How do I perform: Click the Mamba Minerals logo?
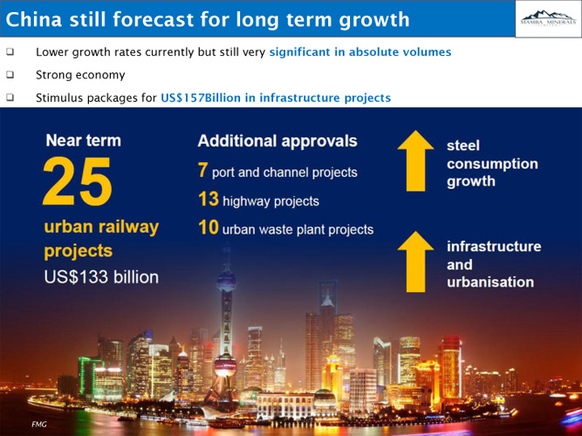click(548, 17)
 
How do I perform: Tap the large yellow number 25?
click(77, 181)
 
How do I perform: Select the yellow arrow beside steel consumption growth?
click(415, 160)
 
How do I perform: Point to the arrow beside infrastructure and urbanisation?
click(415, 262)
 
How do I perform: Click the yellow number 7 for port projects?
click(202, 170)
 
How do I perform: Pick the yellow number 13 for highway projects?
click(209, 199)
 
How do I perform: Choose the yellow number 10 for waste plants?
click(209, 227)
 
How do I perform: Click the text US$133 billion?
click(101, 277)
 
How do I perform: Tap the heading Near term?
click(84, 140)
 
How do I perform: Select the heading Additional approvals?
click(277, 141)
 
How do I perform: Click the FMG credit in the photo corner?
click(39, 424)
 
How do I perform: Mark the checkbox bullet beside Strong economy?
click(10, 75)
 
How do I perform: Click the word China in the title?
click(34, 19)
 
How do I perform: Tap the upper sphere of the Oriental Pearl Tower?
click(226, 282)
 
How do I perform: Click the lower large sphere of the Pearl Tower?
click(225, 365)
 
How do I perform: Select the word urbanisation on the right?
click(490, 283)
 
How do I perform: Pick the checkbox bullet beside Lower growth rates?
click(10, 51)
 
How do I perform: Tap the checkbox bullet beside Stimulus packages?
click(10, 98)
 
